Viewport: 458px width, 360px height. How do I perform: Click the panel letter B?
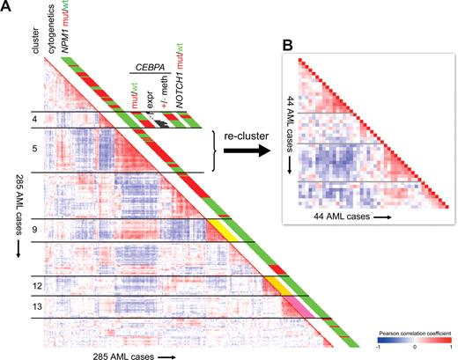click(x=287, y=42)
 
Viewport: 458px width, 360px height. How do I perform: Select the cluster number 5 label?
click(x=34, y=149)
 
